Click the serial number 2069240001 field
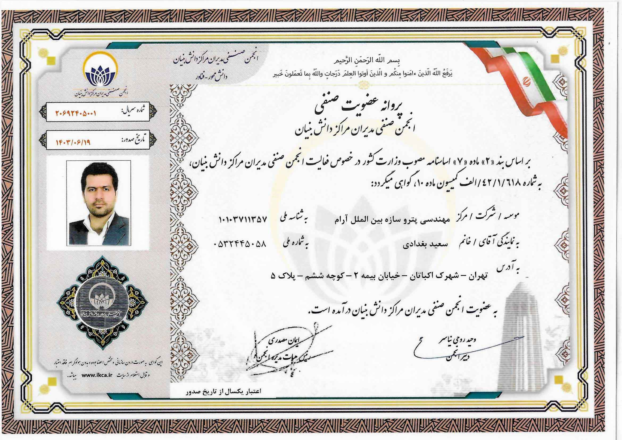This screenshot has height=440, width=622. (76, 114)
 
